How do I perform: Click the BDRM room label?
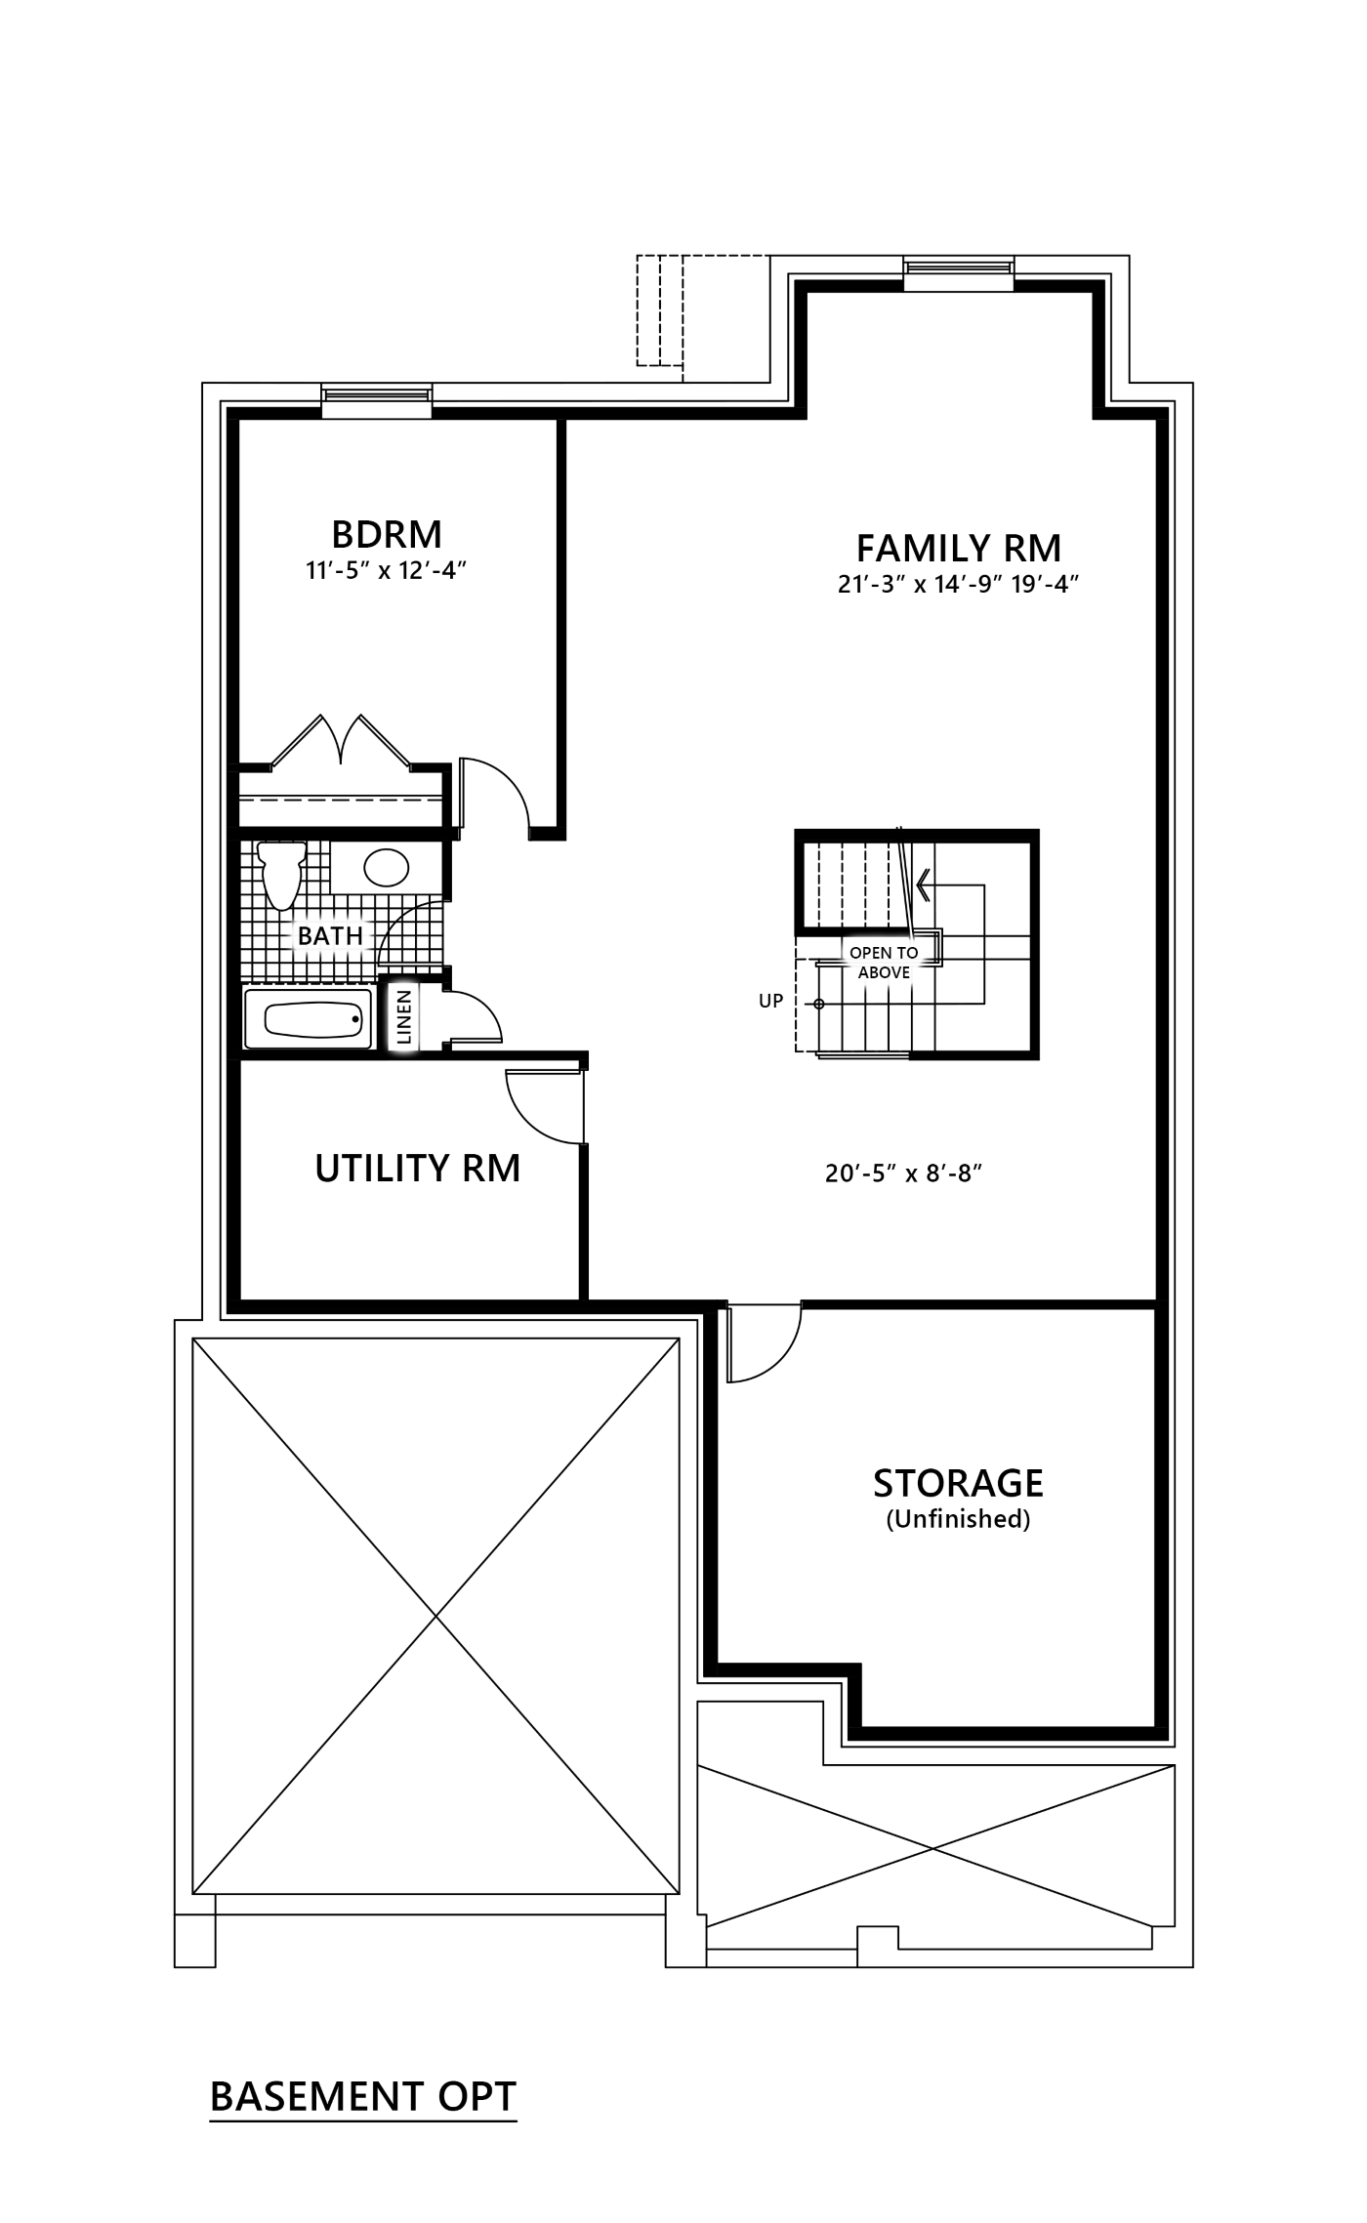click(x=387, y=534)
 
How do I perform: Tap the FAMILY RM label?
click(x=959, y=549)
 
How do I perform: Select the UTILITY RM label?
click(x=418, y=1168)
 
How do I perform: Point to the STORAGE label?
click(x=958, y=1483)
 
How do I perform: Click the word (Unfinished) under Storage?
click(x=958, y=1519)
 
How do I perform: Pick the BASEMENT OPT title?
click(x=363, y=2096)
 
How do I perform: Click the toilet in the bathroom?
click(x=281, y=875)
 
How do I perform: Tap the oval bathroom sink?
click(x=386, y=867)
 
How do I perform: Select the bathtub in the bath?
click(x=309, y=1019)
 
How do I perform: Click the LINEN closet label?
click(x=404, y=1017)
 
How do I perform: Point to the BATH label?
click(x=330, y=935)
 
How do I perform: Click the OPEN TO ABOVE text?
click(x=884, y=963)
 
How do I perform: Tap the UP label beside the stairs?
click(x=771, y=1001)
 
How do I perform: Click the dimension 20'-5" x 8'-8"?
click(x=903, y=1173)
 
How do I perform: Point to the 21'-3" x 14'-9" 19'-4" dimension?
click(x=958, y=584)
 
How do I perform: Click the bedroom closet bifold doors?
click(x=340, y=740)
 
